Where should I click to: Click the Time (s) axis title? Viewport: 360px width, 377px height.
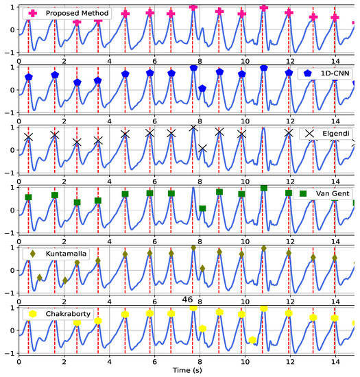(x=186, y=370)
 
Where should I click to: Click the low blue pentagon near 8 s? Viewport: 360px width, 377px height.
(x=202, y=88)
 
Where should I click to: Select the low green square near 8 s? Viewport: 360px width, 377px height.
(x=202, y=208)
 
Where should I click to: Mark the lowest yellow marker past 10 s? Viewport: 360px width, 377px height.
(x=253, y=340)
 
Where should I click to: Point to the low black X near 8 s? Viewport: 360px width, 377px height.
(x=202, y=148)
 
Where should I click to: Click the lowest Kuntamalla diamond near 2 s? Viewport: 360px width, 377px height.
(x=65, y=280)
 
